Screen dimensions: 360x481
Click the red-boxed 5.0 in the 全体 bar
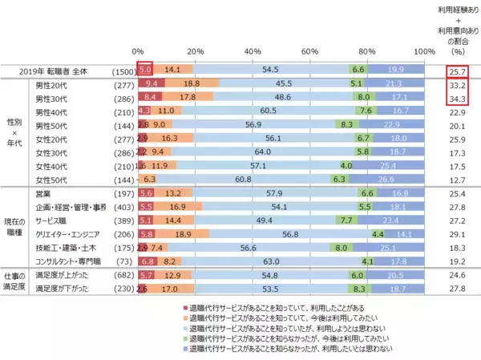(x=145, y=70)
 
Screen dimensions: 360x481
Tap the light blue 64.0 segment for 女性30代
(x=261, y=151)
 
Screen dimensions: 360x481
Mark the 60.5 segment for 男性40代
(x=269, y=111)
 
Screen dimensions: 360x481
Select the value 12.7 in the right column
(x=459, y=180)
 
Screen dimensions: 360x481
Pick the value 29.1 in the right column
(x=459, y=233)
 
